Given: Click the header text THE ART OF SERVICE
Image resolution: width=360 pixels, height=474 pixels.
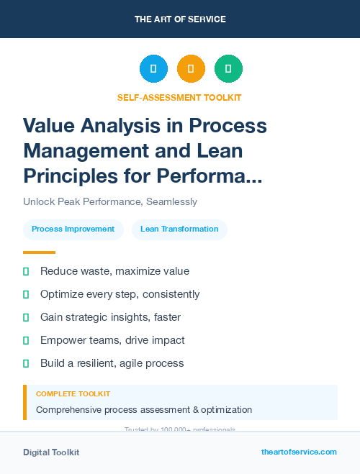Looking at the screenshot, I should click(180, 19).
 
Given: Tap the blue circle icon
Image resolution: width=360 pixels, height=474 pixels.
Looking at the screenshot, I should click(153, 68).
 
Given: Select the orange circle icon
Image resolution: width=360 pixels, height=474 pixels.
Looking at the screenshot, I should click(191, 68).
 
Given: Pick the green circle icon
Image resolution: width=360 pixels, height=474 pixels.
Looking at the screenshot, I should click(228, 68).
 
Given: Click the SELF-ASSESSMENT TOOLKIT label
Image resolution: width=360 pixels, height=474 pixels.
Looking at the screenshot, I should click(179, 97).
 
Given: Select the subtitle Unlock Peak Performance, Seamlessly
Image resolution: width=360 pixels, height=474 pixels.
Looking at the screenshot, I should click(110, 202).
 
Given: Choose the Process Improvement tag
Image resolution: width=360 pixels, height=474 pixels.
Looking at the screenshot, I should click(73, 229).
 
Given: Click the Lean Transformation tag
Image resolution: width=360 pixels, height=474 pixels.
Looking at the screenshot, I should click(179, 229).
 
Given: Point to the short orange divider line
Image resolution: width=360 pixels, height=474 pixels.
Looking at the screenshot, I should click(39, 252).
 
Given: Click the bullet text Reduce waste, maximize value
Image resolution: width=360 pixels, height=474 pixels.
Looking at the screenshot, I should click(114, 271).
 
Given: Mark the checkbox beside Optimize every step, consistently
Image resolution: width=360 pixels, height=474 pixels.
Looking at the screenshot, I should click(26, 294).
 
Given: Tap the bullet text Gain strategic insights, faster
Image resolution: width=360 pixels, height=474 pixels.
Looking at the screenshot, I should click(110, 317).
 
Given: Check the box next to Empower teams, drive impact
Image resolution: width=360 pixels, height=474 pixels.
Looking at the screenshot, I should click(26, 340).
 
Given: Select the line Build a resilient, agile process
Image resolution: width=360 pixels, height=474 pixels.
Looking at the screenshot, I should click(112, 363).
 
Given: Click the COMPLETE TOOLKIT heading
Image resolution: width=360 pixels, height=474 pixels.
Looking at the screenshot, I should click(73, 394).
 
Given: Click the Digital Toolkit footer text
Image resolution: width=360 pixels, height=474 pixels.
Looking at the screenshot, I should click(51, 452).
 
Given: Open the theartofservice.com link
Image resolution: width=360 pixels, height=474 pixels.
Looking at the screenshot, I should click(299, 452).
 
